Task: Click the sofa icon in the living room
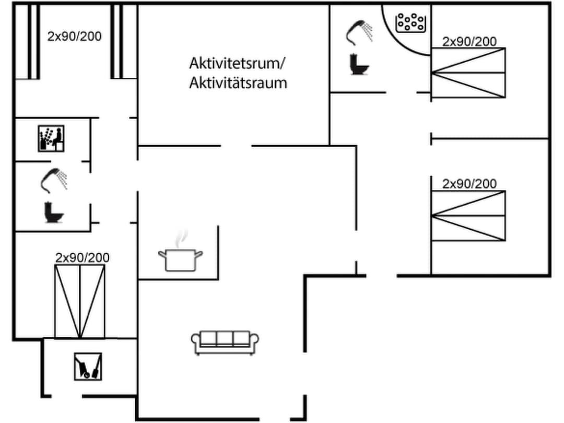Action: pyautogui.click(x=225, y=342)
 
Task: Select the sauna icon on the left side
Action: pyautogui.click(x=52, y=138)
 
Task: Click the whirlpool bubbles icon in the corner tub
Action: pyautogui.click(x=409, y=22)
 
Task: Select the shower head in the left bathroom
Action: pyautogui.click(x=54, y=179)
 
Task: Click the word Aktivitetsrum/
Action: pyautogui.click(x=237, y=64)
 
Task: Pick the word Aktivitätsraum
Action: pyautogui.click(x=238, y=83)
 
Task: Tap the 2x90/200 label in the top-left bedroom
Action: pyautogui.click(x=74, y=37)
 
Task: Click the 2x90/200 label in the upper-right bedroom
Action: pyautogui.click(x=469, y=42)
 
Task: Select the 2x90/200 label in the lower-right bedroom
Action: pyautogui.click(x=469, y=184)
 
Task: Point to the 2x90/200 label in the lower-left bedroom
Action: pyautogui.click(x=83, y=257)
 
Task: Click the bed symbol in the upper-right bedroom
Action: pyautogui.click(x=468, y=73)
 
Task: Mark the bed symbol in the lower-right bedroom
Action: pyautogui.click(x=468, y=216)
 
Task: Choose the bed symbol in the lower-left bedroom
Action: pyautogui.click(x=80, y=301)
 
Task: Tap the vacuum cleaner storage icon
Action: pyautogui.click(x=88, y=366)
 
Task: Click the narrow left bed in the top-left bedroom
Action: pyautogui.click(x=33, y=42)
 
